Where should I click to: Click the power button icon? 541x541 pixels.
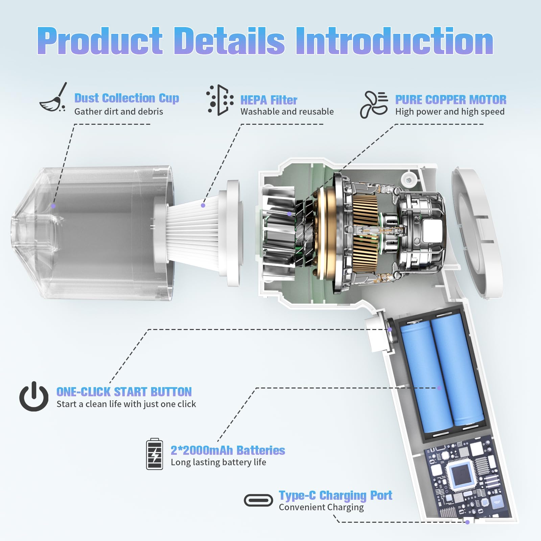pos(34,397)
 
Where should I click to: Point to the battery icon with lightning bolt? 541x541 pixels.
pos(154,454)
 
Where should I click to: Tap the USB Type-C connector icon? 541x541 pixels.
pos(258,500)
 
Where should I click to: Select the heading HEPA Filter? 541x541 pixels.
pos(269,100)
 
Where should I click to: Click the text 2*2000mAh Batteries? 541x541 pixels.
pos(228,450)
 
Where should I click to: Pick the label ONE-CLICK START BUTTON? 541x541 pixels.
pos(124,392)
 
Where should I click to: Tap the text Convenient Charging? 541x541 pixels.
pos(321,507)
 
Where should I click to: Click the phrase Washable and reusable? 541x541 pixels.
pos(287,112)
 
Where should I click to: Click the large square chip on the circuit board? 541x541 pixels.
pos(459,473)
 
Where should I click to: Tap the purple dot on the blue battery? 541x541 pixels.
pos(439,388)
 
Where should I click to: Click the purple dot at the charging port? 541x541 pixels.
pos(467,522)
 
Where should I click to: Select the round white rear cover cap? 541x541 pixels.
pos(477,233)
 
